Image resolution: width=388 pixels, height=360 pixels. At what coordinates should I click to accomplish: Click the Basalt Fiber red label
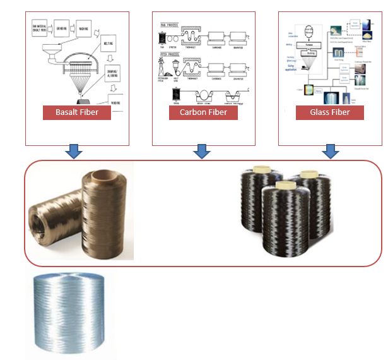tap(76, 113)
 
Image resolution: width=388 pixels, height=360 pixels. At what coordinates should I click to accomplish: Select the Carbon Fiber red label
tap(203, 113)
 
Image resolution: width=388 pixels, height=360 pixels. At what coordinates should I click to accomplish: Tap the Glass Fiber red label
tap(329, 113)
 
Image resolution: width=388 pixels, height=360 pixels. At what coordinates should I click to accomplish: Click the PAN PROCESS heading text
tap(167, 25)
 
